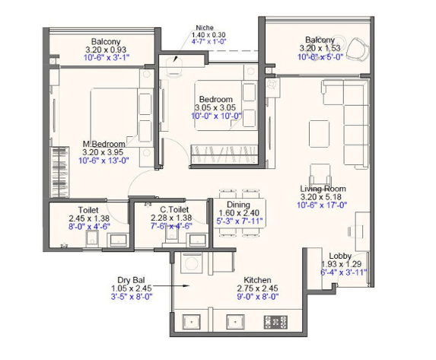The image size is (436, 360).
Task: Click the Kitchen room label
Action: coord(257,280)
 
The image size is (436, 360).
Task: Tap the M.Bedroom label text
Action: coord(104,144)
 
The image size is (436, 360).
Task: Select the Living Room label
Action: coord(323,189)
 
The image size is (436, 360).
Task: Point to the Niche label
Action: coord(205,27)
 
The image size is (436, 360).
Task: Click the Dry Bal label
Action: coord(131,280)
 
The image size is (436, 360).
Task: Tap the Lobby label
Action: coord(340,256)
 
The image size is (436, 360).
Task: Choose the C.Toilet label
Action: coord(174,209)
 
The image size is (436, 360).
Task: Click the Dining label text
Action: coord(238,205)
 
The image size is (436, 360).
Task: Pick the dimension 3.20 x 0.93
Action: coord(106,49)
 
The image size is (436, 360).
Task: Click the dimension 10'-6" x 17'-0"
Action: coord(322,205)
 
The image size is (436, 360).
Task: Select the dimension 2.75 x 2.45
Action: coord(257,288)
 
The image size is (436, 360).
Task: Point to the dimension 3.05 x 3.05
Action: coord(215,107)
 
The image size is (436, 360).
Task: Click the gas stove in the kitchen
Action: coord(275,322)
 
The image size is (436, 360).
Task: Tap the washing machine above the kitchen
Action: coord(192,263)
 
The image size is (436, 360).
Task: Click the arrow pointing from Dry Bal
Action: coord(171,285)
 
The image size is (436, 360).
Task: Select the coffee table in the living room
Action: coord(320,133)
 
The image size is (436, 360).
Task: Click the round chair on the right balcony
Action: coord(358,50)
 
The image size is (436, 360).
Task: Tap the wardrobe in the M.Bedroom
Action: coord(59,172)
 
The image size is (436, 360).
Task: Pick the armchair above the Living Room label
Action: coord(320,175)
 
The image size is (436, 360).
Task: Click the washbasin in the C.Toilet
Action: coord(198,240)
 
